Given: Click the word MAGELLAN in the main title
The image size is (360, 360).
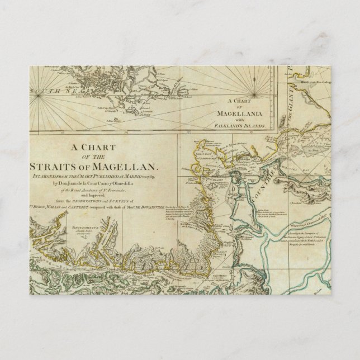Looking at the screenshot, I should pos(133,167).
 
